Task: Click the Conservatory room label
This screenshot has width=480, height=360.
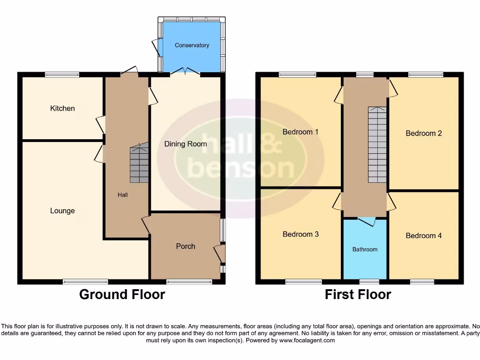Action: click(192, 45)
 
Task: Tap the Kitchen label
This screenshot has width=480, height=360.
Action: click(62, 108)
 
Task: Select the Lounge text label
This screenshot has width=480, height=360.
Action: click(62, 211)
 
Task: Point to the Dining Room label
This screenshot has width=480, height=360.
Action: click(185, 144)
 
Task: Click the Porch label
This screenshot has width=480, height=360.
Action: click(186, 246)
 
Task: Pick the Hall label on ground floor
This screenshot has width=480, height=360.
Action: click(123, 195)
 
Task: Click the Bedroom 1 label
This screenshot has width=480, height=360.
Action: click(300, 132)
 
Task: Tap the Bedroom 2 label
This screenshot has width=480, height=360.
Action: click(424, 133)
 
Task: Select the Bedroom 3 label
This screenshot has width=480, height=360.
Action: click(300, 234)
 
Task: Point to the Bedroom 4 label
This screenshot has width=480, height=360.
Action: click(424, 235)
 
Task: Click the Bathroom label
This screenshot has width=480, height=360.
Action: click(365, 249)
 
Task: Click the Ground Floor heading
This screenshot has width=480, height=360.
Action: click(122, 294)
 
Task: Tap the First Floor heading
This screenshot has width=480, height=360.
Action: click(358, 294)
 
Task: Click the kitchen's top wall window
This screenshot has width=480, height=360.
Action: click(62, 74)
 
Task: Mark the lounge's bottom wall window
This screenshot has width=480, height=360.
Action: click(86, 282)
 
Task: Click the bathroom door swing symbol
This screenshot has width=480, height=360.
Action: click(367, 221)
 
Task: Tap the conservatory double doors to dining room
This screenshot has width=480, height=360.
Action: click(185, 72)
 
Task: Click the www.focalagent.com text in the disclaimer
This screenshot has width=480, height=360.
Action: click(307, 340)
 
